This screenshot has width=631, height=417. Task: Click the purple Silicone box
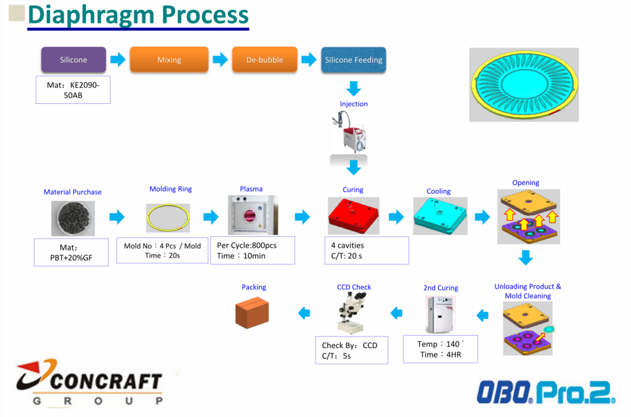[74, 60]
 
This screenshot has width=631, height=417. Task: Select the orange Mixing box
[169, 60]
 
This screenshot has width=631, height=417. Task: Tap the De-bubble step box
[265, 60]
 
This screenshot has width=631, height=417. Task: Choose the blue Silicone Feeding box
[354, 60]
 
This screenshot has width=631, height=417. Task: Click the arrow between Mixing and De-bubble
[220, 60]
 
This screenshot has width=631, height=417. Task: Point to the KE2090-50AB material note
[73, 90]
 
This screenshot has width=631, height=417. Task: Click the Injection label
[354, 104]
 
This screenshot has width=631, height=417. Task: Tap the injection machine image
[349, 132]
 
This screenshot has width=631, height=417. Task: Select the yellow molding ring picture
[168, 218]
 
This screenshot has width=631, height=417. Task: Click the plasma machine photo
[253, 215]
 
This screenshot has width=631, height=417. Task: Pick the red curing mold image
[353, 216]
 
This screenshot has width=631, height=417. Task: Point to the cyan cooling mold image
[440, 216]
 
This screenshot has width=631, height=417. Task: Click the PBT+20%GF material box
[71, 252]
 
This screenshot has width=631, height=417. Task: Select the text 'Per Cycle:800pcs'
[246, 245]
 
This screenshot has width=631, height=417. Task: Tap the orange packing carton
[252, 312]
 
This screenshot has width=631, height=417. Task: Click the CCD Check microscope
[352, 312]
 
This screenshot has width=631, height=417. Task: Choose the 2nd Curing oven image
[441, 314]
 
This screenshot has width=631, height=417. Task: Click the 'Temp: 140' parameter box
[441, 349]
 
